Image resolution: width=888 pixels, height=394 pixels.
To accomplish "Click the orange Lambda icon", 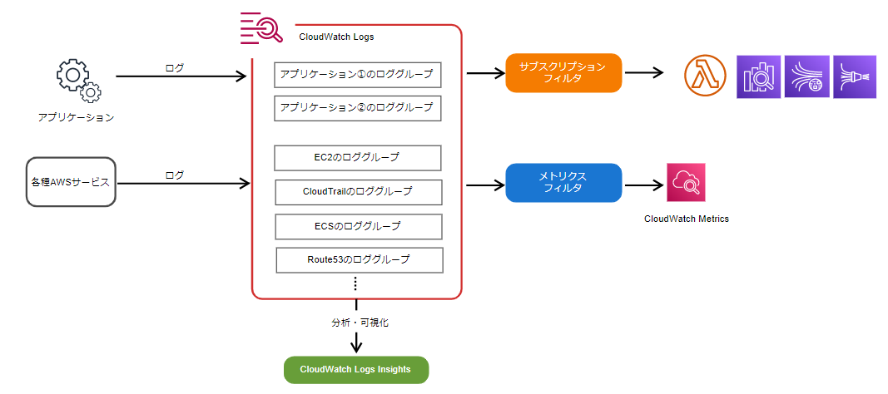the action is pyautogui.click(x=705, y=76).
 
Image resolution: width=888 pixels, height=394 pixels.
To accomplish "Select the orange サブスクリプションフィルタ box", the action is pyautogui.click(x=563, y=73).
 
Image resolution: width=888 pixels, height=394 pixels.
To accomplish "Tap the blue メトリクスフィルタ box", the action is pyautogui.click(x=563, y=183).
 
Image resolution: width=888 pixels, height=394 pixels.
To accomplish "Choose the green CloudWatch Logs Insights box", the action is pyautogui.click(x=355, y=370).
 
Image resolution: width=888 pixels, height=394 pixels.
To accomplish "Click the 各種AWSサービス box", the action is pyautogui.click(x=71, y=182).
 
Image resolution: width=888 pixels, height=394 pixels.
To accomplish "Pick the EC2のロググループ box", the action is pyautogui.click(x=357, y=158).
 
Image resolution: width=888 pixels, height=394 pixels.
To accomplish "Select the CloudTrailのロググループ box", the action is pyautogui.click(x=359, y=192).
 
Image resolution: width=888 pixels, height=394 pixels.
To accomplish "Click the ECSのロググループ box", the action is pyautogui.click(x=359, y=227).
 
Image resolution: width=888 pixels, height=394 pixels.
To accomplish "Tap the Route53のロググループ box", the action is pyautogui.click(x=360, y=260).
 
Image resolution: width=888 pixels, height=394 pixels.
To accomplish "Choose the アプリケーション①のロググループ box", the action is pyautogui.click(x=357, y=75).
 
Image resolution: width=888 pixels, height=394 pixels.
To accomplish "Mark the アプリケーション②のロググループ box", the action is pyautogui.click(x=357, y=108).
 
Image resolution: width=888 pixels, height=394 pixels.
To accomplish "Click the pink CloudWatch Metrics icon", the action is pyautogui.click(x=686, y=182).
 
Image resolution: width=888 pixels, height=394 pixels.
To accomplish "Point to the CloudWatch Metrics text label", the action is pyautogui.click(x=687, y=219).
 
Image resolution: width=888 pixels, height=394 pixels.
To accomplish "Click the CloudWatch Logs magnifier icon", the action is pyautogui.click(x=261, y=27).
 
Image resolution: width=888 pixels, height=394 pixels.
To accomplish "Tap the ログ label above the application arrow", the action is pyautogui.click(x=175, y=68).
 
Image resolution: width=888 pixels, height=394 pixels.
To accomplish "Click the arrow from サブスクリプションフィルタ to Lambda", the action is pyautogui.click(x=644, y=73).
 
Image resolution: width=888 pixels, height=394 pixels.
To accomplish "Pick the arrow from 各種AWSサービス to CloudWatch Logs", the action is pyautogui.click(x=183, y=183).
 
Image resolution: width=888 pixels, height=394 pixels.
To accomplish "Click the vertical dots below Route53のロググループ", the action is pyautogui.click(x=355, y=283).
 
